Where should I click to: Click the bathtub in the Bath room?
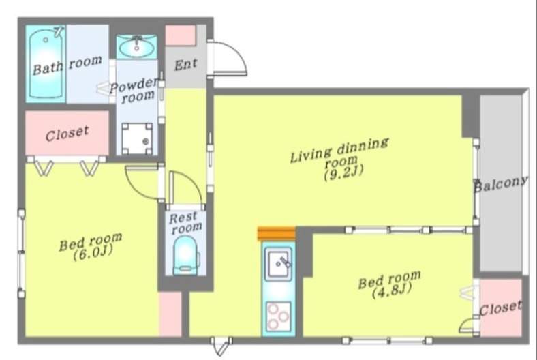[x=46, y=64]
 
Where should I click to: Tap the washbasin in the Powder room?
[x=137, y=47]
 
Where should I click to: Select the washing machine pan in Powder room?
[x=137, y=138]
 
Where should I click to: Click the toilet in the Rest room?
[x=185, y=255]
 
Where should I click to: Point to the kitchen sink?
[x=279, y=262]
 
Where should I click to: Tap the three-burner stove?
[x=279, y=316]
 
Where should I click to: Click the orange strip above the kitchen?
[x=277, y=234]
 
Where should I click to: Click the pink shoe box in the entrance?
[x=181, y=35]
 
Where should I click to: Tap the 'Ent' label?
[x=185, y=64]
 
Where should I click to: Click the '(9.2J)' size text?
[x=343, y=172]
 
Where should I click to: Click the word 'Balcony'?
[x=501, y=184]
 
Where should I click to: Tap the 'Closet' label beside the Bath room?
[x=67, y=134]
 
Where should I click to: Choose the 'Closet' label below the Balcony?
[x=501, y=308]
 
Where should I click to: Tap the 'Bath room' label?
[x=67, y=65]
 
